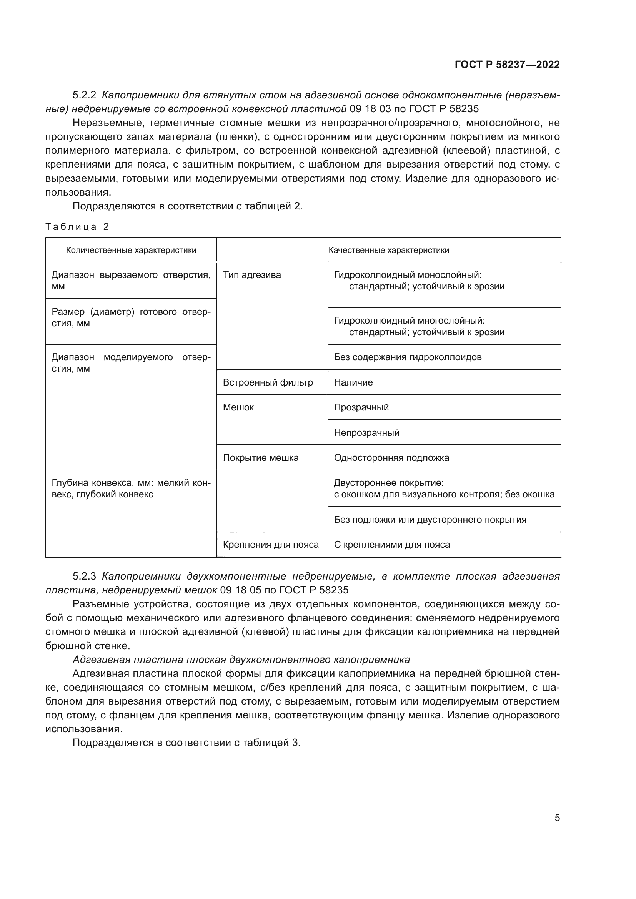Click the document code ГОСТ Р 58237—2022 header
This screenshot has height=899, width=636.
pos(507,65)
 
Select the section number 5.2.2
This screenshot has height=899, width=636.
pos(84,95)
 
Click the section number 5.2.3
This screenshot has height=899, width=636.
pos(84,577)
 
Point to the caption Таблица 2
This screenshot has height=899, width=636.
pos(77,227)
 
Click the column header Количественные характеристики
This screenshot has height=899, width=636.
pos(131,250)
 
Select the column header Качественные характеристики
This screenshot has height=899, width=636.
pos(388,250)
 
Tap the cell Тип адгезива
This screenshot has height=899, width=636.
pos(252,275)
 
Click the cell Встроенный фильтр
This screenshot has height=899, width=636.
pos(268,382)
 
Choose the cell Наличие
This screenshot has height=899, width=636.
pos(353,382)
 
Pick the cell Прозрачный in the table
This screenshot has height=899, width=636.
pos(361,407)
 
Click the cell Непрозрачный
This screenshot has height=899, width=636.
pos(366,433)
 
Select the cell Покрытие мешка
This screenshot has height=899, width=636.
pos(260,458)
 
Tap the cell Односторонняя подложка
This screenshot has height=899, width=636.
pos(391,458)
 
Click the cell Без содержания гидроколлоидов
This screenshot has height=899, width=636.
pos(408,357)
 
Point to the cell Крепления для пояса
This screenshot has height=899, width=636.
pos(271,545)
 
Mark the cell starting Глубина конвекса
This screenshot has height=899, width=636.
pos(131,489)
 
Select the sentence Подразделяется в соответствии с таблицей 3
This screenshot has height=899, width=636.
pos(186,743)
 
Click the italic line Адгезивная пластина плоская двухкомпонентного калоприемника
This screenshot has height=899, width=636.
pos(241,660)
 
